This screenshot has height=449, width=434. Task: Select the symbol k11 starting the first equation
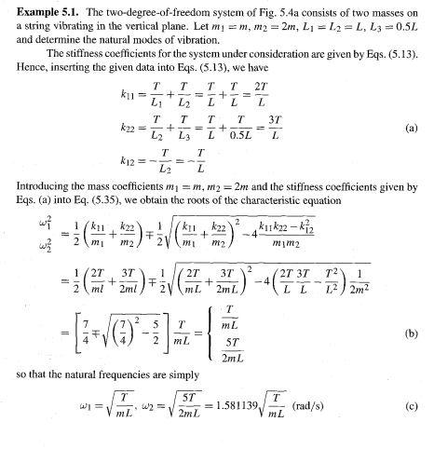point(130,95)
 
